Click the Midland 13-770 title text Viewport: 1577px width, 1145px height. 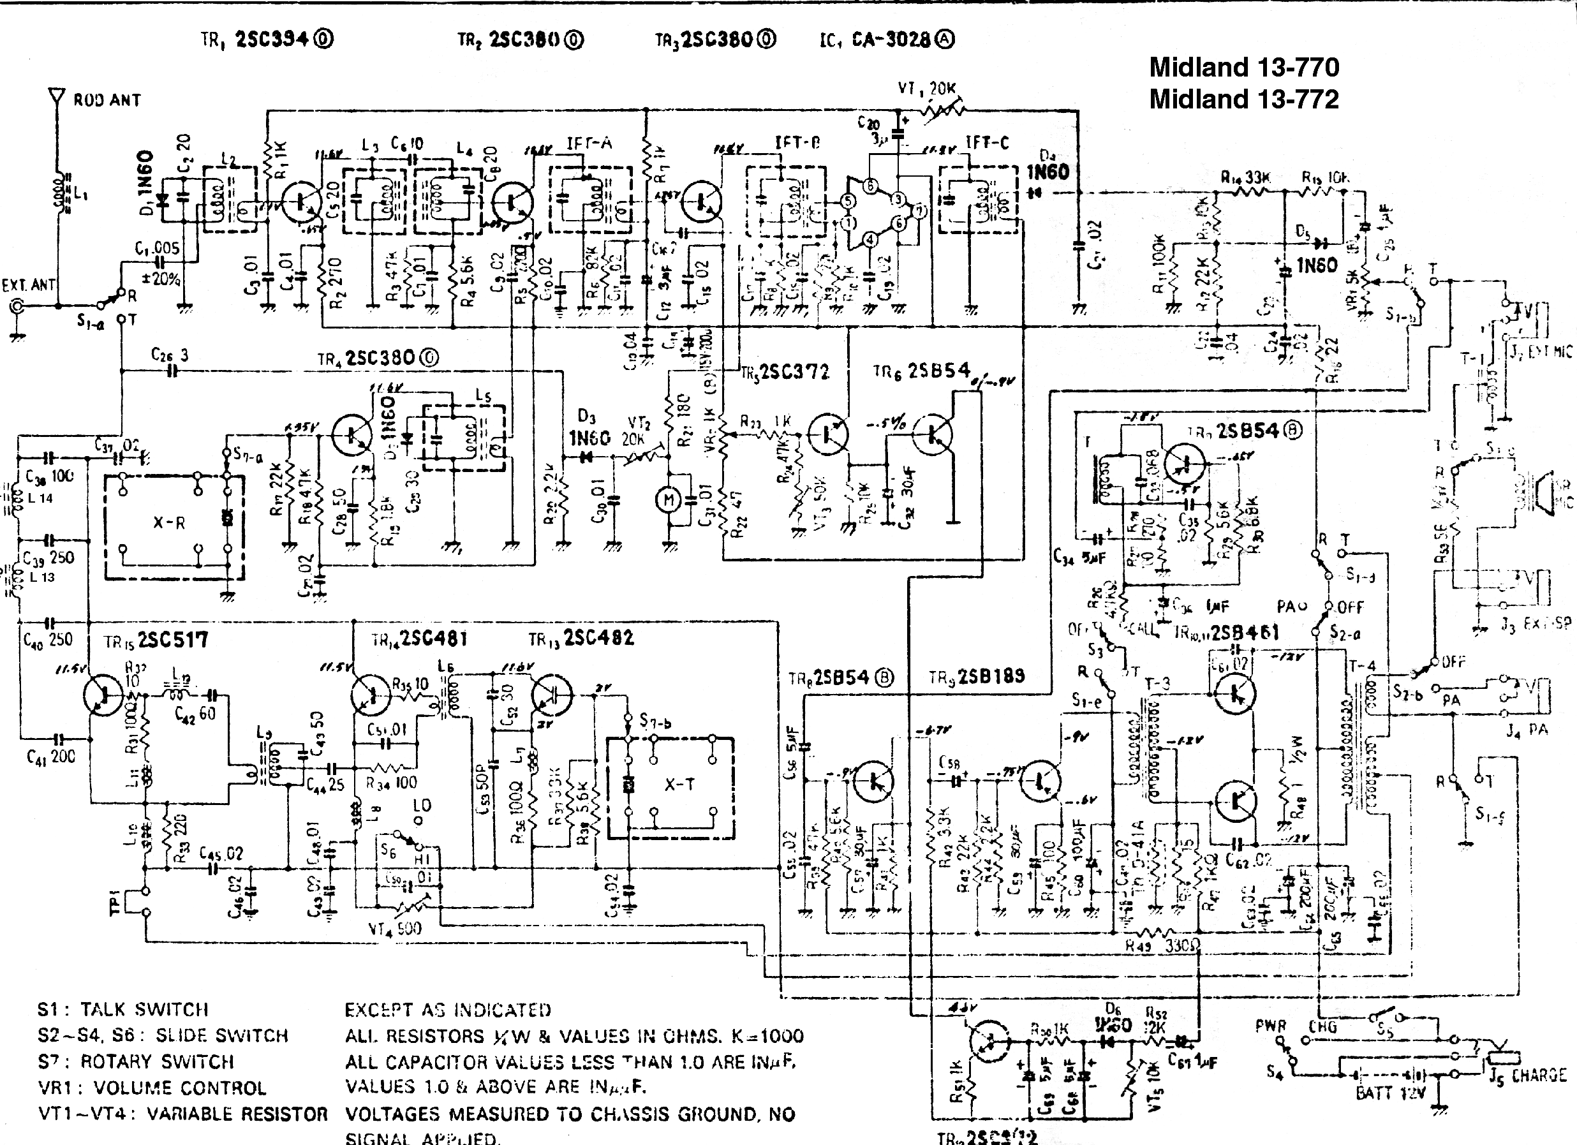click(1244, 68)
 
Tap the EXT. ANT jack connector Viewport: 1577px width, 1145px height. click(15, 306)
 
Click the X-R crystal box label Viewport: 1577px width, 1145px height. click(169, 523)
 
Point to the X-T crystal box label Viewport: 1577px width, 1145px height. click(679, 784)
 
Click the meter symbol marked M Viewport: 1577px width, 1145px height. click(669, 499)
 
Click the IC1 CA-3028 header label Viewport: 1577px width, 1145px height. click(887, 40)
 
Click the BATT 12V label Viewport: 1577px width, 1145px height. click(1391, 1092)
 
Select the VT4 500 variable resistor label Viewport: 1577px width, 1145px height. click(394, 929)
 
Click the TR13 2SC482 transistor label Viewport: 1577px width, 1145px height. click(581, 638)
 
